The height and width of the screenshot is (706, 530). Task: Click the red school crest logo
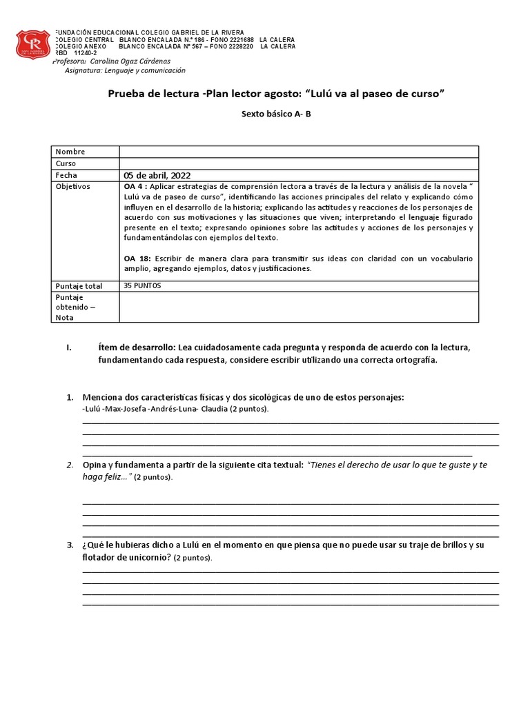(x=33, y=45)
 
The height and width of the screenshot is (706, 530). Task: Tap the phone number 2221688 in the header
(x=238, y=39)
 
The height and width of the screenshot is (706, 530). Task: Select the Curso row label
(x=66, y=163)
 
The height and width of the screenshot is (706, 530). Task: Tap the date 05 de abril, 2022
(x=157, y=175)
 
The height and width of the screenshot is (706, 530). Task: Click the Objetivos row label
(x=73, y=187)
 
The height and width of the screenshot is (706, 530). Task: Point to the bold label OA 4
(x=134, y=187)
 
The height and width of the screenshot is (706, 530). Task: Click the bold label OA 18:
(x=137, y=258)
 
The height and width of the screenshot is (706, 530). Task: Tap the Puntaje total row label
(x=79, y=285)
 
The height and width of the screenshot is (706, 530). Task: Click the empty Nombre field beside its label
(x=298, y=152)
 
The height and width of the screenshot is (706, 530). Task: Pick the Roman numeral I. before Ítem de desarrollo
(x=69, y=347)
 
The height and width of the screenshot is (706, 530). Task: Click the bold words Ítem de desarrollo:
(x=137, y=347)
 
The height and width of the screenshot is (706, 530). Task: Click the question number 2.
(x=70, y=465)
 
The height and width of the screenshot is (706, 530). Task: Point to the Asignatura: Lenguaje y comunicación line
(x=125, y=70)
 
